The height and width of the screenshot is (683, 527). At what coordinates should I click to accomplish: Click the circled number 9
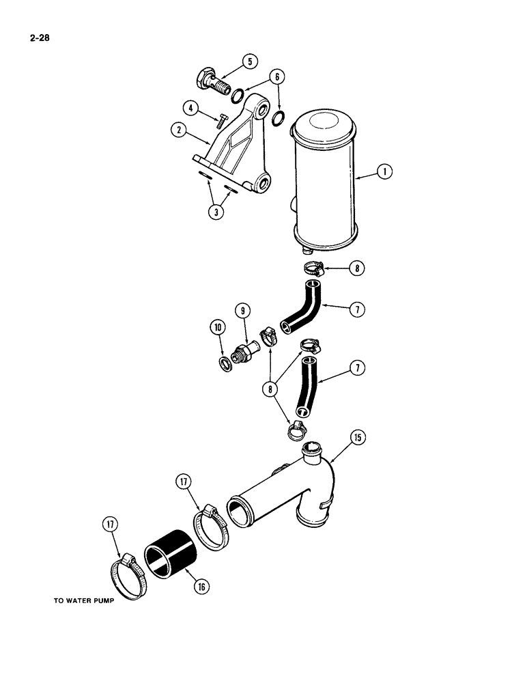tap(242, 311)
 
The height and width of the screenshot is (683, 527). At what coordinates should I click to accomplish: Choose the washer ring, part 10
tap(224, 363)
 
